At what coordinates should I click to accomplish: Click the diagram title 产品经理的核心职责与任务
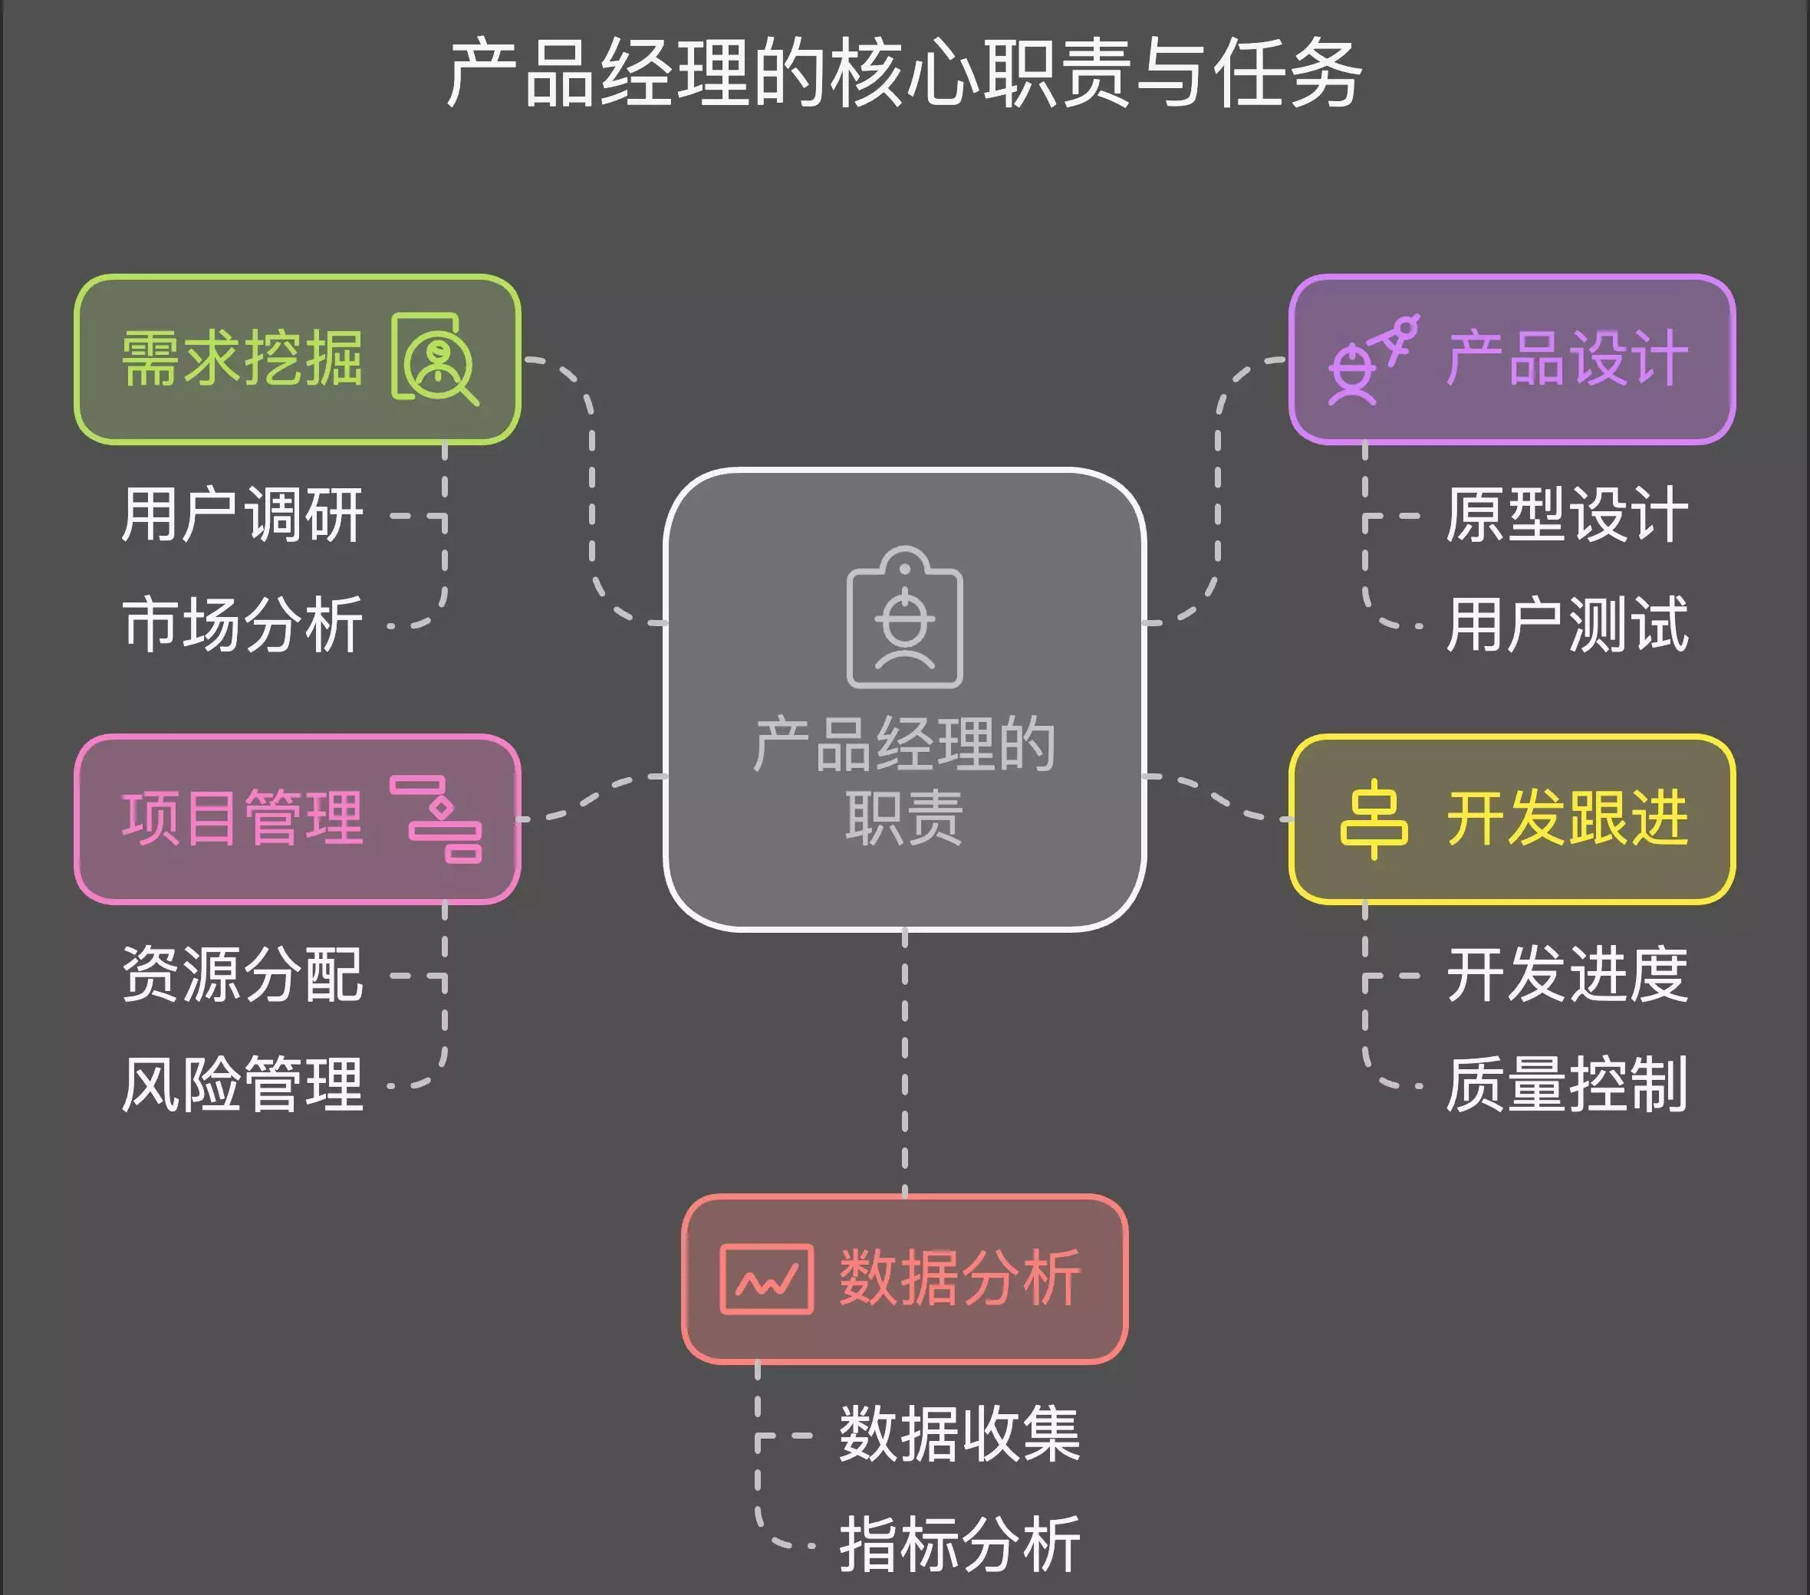[904, 74]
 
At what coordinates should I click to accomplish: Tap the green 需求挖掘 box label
[242, 359]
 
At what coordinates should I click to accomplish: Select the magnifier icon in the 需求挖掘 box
[436, 359]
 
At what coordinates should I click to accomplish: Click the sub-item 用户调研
[242, 514]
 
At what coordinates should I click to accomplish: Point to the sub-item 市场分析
[242, 624]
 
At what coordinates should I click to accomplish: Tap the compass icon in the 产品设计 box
[1374, 359]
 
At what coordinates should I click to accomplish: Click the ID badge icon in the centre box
[904, 618]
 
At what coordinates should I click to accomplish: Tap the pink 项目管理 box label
[242, 818]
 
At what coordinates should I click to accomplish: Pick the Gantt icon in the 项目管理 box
[436, 819]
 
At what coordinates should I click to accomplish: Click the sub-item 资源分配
[242, 974]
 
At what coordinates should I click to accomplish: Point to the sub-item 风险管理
[242, 1085]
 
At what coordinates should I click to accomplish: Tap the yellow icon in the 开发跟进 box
[1374, 819]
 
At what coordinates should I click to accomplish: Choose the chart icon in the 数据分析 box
[767, 1279]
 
